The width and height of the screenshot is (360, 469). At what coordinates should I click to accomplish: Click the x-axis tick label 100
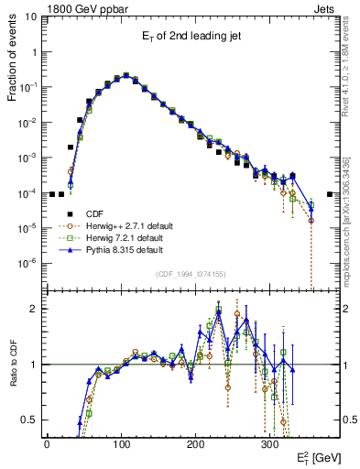pyautogui.click(x=121, y=443)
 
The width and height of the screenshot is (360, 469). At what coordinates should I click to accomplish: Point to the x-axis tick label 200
pyautogui.click(x=195, y=443)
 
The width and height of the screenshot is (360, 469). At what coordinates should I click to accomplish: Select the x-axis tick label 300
pyautogui.click(x=269, y=443)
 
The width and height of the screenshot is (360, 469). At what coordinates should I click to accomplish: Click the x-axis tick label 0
pyautogui.click(x=47, y=443)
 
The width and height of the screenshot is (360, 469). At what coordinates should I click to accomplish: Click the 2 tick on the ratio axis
pyautogui.click(x=33, y=309)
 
